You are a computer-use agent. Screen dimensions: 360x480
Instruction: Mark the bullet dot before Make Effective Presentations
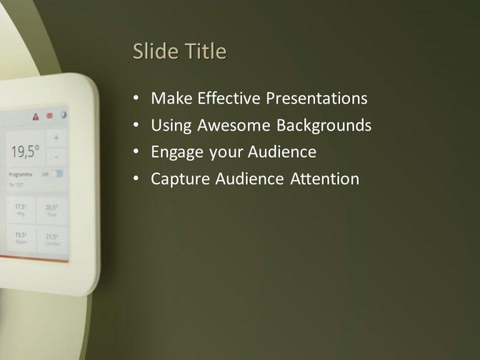pos(137,99)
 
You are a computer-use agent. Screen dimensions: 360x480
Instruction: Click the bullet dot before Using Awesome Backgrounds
pos(137,126)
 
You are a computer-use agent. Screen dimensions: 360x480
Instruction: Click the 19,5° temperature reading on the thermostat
pos(25,151)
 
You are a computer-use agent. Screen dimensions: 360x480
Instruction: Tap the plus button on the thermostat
pos(56,137)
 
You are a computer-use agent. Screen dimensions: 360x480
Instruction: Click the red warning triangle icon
pos(36,116)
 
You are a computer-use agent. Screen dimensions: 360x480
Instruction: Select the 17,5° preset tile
pos(21,210)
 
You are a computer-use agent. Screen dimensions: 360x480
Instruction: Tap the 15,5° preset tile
pos(21,237)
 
